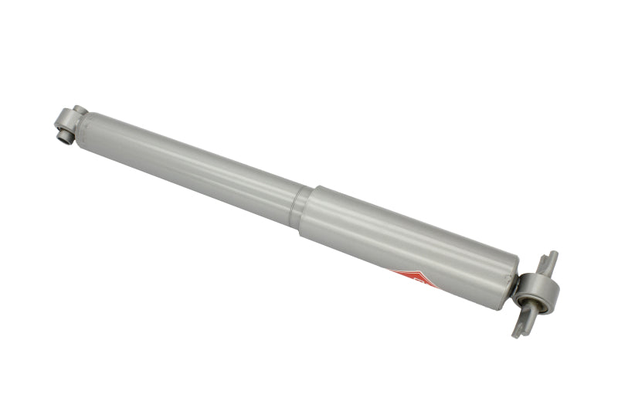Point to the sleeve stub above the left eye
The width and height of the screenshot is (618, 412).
click(79, 111)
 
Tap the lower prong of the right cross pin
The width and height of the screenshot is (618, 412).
click(519, 325)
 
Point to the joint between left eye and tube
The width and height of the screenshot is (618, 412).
click(77, 126)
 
